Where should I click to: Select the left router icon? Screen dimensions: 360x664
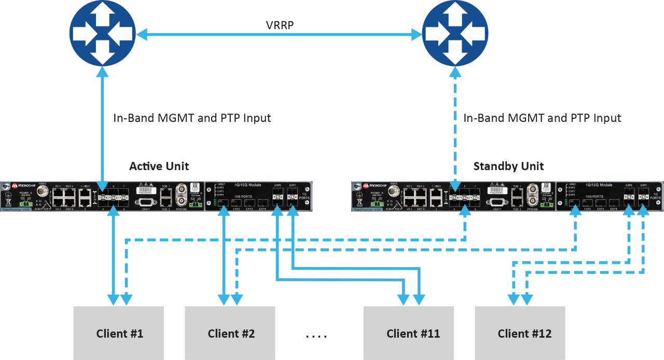tap(102, 33)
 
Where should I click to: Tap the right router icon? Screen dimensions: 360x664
tap(455, 33)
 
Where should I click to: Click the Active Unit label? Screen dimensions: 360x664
tap(159, 166)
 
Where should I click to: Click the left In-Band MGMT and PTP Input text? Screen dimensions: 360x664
tap(192, 118)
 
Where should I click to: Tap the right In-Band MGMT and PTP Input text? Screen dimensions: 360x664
tap(542, 118)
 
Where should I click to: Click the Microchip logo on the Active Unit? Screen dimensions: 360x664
tap(22, 185)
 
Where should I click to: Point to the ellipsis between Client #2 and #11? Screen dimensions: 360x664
tap(316, 336)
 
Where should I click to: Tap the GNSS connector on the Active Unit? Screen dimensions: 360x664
tap(42, 193)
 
